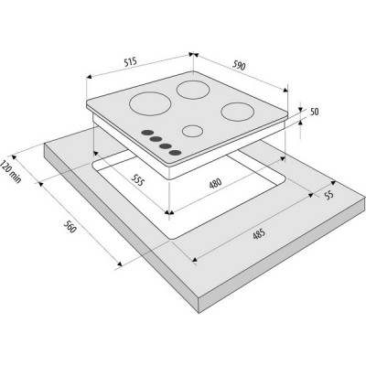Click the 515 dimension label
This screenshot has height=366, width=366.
point(130,62)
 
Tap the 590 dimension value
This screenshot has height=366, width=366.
point(239,66)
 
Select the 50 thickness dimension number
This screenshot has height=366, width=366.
point(314,112)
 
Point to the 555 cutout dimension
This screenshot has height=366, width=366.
point(137,180)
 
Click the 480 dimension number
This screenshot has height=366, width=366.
point(215,183)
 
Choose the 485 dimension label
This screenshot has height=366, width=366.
point(259,235)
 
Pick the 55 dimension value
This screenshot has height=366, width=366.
point(329,195)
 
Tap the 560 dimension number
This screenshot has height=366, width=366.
point(70,227)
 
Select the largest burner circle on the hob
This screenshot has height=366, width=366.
point(150,103)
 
